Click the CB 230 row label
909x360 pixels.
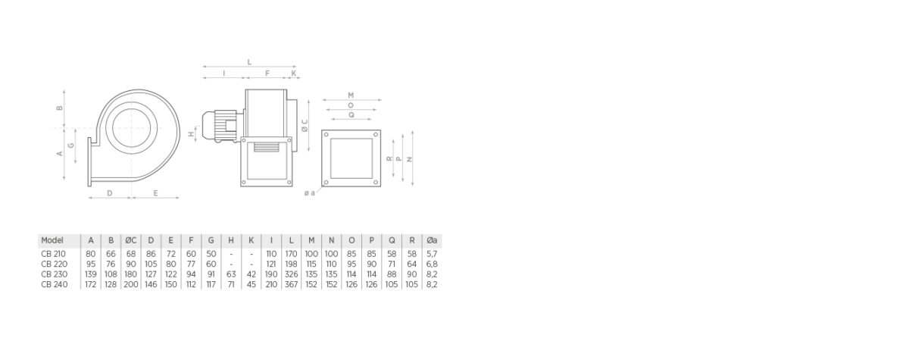tap(55, 274)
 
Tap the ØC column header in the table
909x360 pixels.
tap(130, 240)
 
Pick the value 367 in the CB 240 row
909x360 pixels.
tap(292, 285)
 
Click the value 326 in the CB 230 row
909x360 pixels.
tap(292, 274)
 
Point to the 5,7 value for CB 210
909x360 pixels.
tap(432, 253)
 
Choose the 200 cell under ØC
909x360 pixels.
tap(130, 285)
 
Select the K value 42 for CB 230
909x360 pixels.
tap(251, 274)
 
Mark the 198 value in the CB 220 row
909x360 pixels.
tap(292, 264)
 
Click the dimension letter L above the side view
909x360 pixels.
tap(249, 62)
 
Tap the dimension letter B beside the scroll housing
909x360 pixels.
tap(60, 108)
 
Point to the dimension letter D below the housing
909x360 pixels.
tap(109, 193)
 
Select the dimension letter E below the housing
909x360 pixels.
tap(155, 193)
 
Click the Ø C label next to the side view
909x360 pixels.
tap(305, 125)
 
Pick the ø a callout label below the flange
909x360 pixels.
tap(309, 193)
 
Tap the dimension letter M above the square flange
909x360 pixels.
tap(351, 95)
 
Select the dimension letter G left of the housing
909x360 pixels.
tap(70, 144)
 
